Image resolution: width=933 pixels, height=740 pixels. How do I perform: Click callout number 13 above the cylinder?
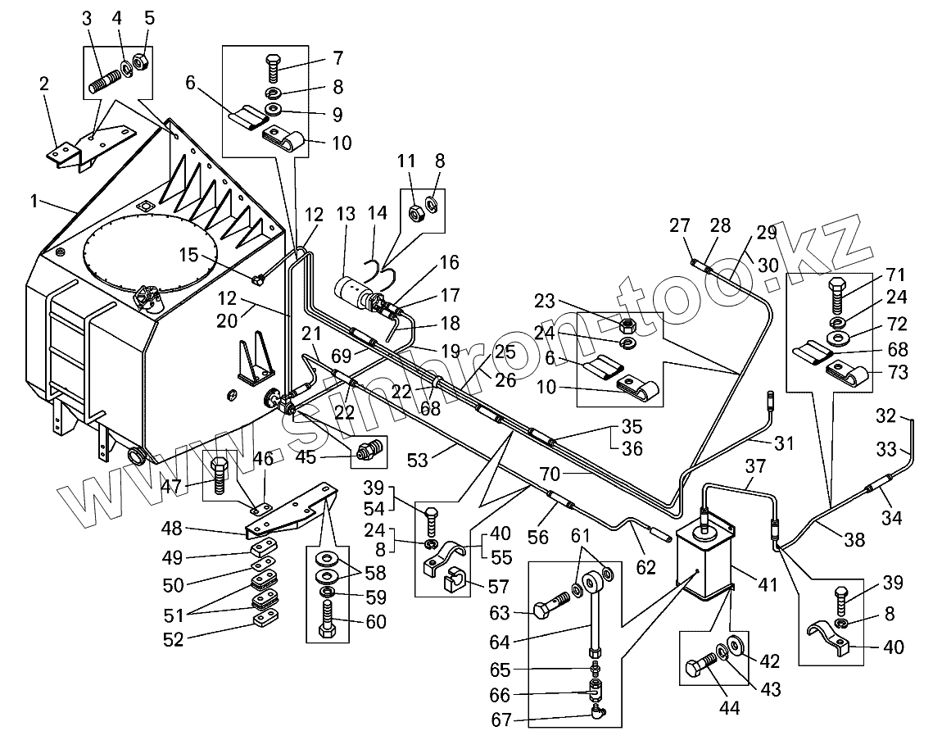[x=346, y=215]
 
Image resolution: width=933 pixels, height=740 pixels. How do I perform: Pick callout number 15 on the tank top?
[x=189, y=255]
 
